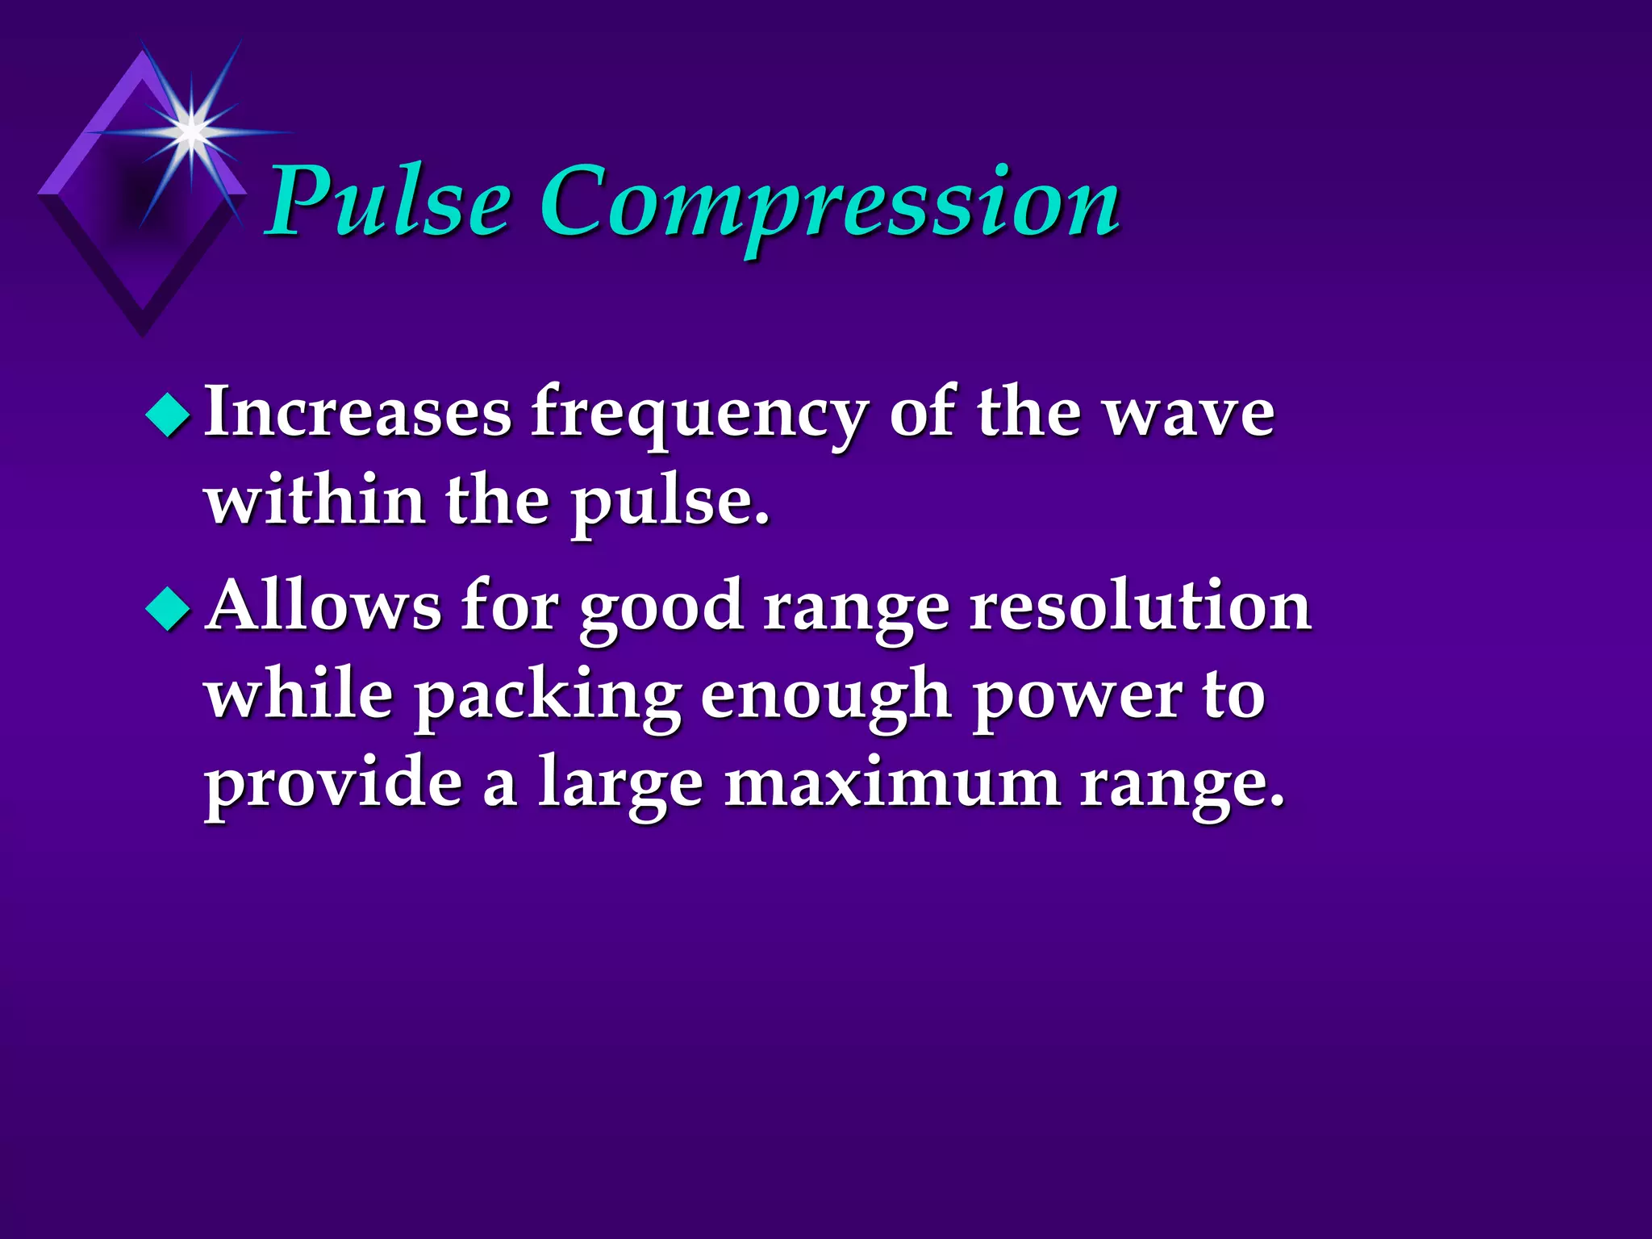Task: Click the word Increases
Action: [358, 413]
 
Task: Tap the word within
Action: [315, 500]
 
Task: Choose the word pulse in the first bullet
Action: [670, 504]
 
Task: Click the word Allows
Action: [323, 607]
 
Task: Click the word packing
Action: [548, 699]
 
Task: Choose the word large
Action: [620, 786]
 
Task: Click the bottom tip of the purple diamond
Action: [143, 335]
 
